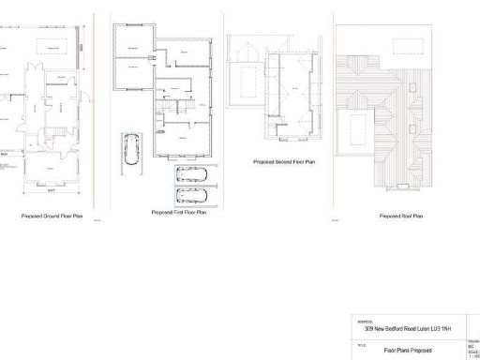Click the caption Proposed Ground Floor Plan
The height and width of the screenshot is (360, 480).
[x=52, y=217]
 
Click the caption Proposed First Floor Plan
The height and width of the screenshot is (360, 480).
[x=178, y=213]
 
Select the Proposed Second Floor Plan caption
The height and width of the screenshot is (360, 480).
[x=279, y=161]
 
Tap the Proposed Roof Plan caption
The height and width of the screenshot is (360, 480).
[x=400, y=217]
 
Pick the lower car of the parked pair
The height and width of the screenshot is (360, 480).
[x=194, y=196]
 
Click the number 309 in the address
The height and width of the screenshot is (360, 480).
[x=371, y=330]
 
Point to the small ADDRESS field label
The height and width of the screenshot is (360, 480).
[x=365, y=322]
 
